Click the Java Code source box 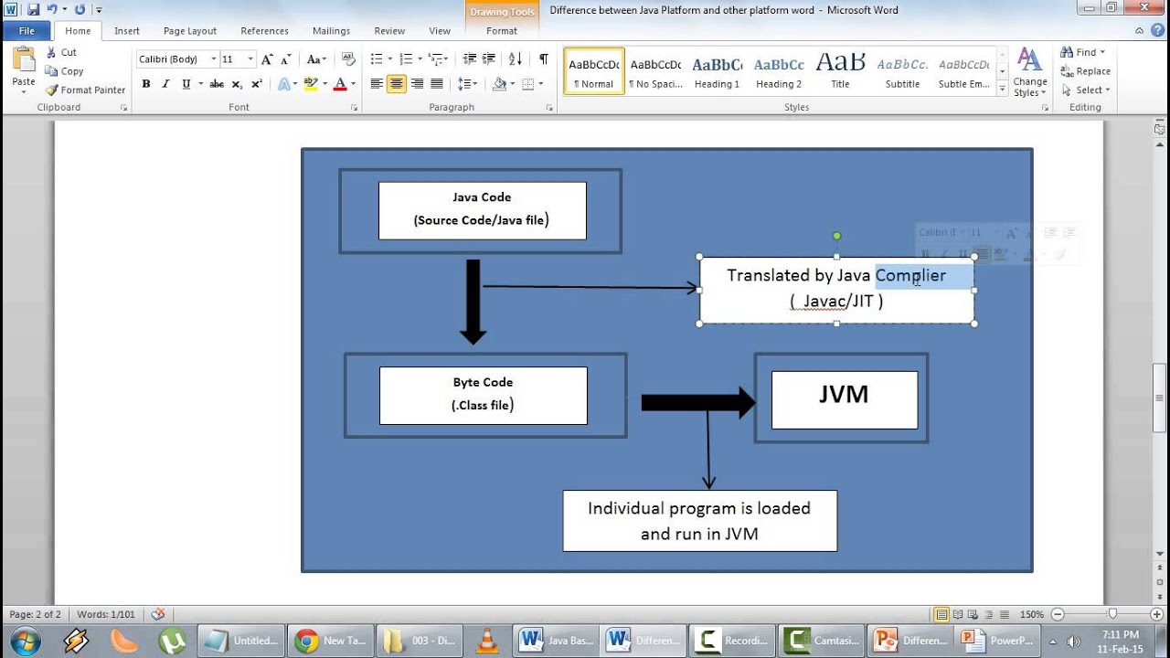[x=482, y=210]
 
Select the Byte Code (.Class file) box [x=483, y=395]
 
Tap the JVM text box [x=844, y=399]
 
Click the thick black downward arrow [x=473, y=302]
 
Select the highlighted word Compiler [x=910, y=275]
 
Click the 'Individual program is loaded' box [x=699, y=520]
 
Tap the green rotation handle [x=836, y=236]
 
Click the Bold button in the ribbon [x=145, y=84]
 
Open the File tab [x=26, y=31]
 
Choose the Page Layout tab [x=189, y=31]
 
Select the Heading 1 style [x=717, y=72]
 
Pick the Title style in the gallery [x=840, y=72]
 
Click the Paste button [x=24, y=69]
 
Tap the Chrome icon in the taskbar [x=307, y=641]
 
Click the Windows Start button [x=25, y=641]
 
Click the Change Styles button [x=1029, y=72]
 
